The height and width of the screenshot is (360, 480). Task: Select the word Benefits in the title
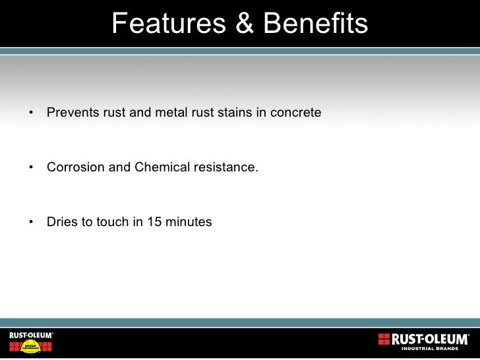(315, 24)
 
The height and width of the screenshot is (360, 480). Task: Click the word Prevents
(73, 113)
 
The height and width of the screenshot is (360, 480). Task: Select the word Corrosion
(76, 167)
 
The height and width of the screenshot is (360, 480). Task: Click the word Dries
(63, 222)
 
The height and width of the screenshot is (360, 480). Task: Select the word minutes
(189, 222)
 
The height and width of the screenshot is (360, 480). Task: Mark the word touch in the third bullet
(113, 222)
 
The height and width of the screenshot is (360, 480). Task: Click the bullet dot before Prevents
(31, 113)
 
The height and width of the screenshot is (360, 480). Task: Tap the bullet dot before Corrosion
(31, 168)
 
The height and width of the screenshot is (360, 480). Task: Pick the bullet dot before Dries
(31, 223)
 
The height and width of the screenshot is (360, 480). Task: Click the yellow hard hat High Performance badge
(30, 347)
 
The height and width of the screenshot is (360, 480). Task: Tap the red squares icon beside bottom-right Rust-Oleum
(384, 339)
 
